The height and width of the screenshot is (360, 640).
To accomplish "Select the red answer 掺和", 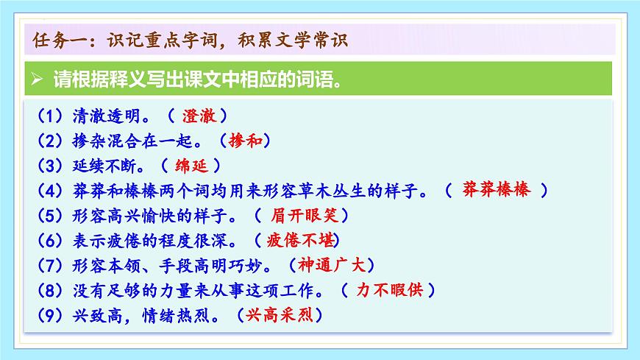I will (246, 141).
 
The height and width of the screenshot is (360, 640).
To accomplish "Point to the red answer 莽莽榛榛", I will (497, 190).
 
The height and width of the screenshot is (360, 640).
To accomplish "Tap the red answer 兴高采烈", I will (280, 314).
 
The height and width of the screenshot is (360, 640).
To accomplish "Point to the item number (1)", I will (49, 116).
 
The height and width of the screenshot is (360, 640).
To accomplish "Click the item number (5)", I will (49, 216).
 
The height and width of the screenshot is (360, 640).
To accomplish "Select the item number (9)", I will (49, 315).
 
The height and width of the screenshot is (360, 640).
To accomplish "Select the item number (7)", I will (49, 265).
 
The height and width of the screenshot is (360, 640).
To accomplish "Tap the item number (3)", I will (49, 166).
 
